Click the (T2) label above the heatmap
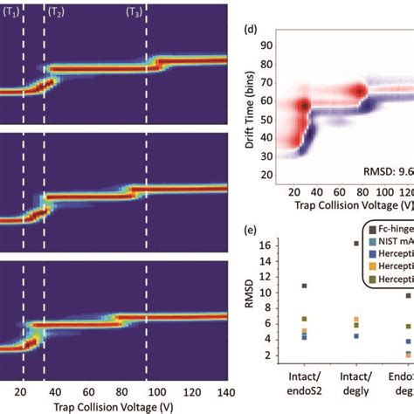(55, 13)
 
